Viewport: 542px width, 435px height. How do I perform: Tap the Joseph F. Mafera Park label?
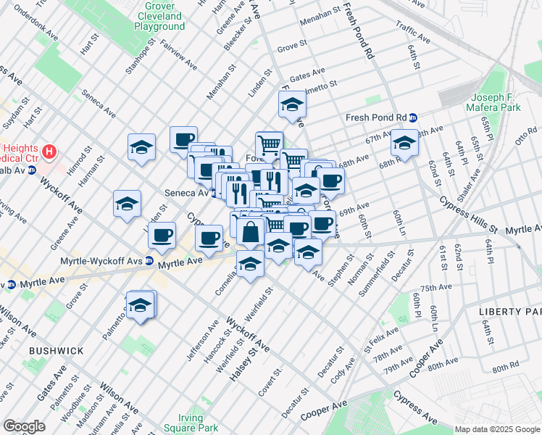[496, 102]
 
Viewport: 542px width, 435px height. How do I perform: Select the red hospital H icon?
[49, 152]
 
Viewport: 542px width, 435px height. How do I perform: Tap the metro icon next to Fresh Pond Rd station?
[413, 117]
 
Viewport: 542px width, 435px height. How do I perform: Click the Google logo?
[24, 426]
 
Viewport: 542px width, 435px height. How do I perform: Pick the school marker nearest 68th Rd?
[404, 144]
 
